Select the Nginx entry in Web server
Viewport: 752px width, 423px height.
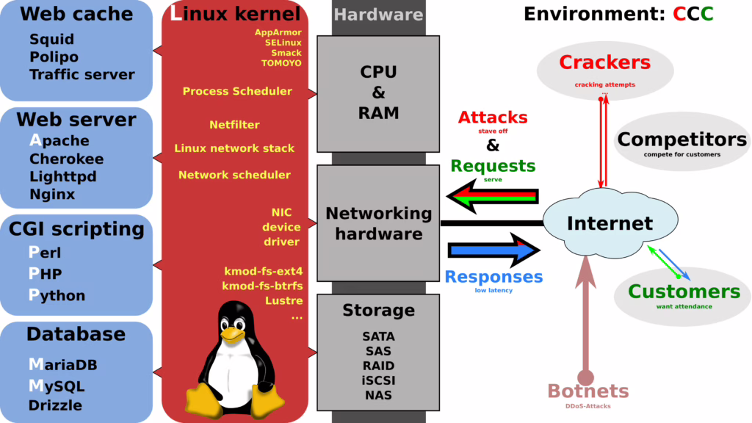52,195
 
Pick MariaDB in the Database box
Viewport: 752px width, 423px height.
62,365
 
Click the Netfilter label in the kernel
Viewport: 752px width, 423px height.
234,125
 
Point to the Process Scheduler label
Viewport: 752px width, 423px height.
237,91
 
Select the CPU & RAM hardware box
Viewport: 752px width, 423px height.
378,93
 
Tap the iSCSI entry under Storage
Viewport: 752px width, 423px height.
378,380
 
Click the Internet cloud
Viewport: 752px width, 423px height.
609,223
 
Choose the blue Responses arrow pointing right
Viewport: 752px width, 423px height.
493,250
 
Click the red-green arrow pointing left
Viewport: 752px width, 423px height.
493,196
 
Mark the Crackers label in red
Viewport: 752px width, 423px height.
604,62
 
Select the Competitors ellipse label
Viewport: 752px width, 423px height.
681,139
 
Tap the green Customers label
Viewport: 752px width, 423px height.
684,291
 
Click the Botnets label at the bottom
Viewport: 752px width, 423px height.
587,391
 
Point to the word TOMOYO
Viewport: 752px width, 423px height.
281,63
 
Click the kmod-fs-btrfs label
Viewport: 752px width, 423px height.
262,286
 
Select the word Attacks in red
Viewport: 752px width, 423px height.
493,117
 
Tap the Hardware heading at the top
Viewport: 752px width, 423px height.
378,14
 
